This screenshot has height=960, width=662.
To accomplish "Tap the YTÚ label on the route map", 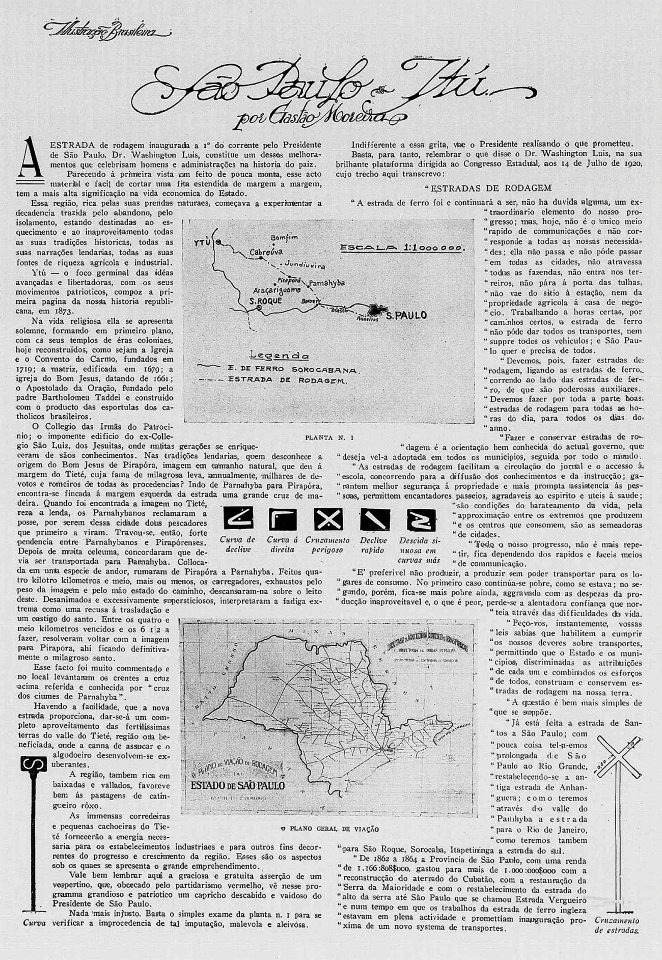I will pos(202,243).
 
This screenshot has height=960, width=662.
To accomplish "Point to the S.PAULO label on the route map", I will pos(406,316).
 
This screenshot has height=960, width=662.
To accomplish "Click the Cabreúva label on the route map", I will pos(266,252).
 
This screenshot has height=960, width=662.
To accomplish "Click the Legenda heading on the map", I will pos(279,355).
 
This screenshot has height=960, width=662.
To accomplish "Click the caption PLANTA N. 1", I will pos(329,437).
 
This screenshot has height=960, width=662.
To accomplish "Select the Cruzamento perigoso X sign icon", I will pos(328,519).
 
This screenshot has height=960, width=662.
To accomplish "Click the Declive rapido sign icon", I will pos(374,519).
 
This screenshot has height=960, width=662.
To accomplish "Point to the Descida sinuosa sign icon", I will pos(421,519).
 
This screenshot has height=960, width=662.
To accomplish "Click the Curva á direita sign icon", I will pos(282,519).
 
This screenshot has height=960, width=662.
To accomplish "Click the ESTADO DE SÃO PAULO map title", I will pos(237,785).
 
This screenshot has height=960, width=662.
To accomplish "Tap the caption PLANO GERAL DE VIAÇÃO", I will pos(329,829).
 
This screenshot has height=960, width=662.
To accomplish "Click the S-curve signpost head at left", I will pos(33,764).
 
